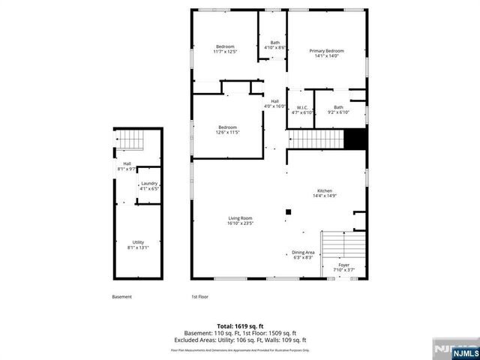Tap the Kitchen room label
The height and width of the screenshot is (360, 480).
click(x=324, y=193)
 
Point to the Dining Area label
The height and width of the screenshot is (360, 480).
click(x=303, y=255)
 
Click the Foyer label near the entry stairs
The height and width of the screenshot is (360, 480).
click(x=343, y=266)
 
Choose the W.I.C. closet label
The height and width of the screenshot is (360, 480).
click(x=303, y=109)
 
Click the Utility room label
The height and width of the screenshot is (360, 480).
click(x=138, y=244)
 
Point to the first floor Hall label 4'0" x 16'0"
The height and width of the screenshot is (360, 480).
click(x=275, y=103)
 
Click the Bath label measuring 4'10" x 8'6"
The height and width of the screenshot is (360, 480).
click(x=275, y=45)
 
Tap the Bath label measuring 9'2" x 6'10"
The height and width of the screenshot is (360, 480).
click(x=339, y=109)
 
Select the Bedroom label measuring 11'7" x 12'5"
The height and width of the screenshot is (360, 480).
click(x=225, y=49)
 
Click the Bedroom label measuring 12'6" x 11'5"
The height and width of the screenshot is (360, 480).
click(x=228, y=130)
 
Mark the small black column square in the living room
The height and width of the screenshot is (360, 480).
click(x=287, y=213)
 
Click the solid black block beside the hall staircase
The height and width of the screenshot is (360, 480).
click(x=353, y=139)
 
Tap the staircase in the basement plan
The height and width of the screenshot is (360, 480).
click(x=129, y=140)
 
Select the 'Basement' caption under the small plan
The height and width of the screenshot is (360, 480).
click(x=121, y=296)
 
